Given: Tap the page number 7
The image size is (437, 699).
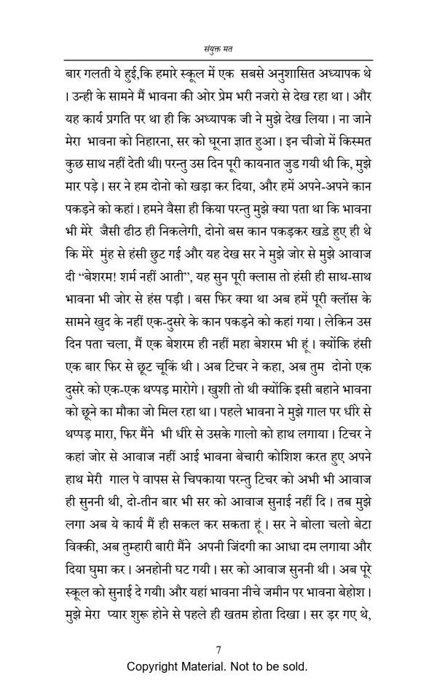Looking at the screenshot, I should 219,650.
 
